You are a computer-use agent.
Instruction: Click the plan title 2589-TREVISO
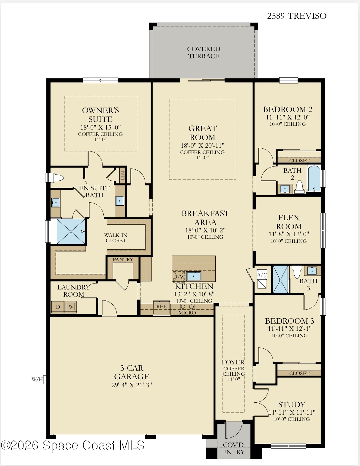(296, 16)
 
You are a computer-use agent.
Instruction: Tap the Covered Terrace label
(203, 53)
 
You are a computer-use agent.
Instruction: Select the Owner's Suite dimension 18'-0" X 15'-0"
(100, 127)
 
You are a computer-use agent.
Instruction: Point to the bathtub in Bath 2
(314, 178)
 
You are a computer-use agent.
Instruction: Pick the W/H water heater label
(37, 380)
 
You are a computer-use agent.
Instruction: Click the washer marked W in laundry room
(71, 307)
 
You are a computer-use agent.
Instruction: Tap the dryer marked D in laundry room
(58, 307)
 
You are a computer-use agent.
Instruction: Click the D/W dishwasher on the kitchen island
(179, 277)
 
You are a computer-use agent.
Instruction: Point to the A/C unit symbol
(262, 279)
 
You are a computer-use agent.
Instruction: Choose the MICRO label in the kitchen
(187, 313)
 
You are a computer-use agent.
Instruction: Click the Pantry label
(123, 259)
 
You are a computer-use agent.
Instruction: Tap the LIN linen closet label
(123, 175)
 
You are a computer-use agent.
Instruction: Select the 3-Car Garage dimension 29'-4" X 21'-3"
(132, 385)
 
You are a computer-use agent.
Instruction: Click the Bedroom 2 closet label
(299, 160)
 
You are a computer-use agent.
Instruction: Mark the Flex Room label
(289, 222)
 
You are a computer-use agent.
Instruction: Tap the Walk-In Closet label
(116, 238)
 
